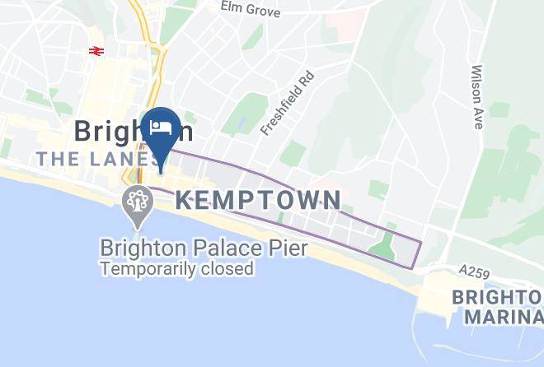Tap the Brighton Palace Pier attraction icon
pyautogui.click(x=135, y=200)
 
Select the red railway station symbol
pyautogui.click(x=96, y=50)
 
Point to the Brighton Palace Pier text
pyautogui.click(x=192, y=248)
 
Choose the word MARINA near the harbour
pyautogui.click(x=504, y=316)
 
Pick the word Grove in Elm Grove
pyautogui.click(x=263, y=11)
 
